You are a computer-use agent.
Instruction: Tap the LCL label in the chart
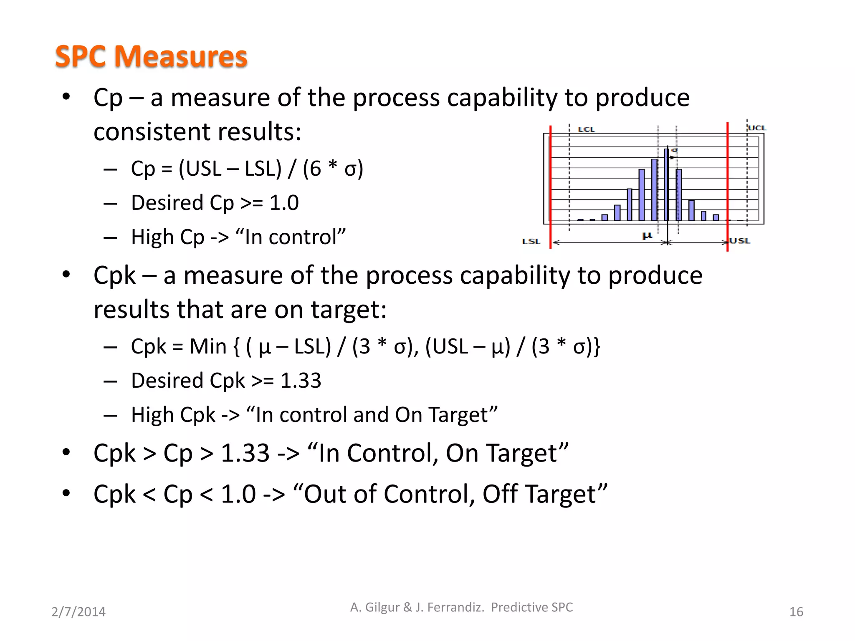[586, 129]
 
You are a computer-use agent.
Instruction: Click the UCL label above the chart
[757, 128]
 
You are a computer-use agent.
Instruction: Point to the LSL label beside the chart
[531, 241]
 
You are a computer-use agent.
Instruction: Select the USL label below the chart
[740, 241]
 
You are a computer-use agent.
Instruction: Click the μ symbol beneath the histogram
[647, 236]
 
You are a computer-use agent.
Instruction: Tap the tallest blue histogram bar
[666, 184]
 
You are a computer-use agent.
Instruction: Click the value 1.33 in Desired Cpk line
[301, 381]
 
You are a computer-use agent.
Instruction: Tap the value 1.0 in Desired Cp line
[284, 203]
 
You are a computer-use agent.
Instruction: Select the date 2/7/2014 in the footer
[78, 612]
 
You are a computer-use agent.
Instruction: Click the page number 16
[796, 612]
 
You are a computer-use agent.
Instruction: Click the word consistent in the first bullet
[152, 132]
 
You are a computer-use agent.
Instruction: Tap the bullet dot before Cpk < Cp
[66, 493]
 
